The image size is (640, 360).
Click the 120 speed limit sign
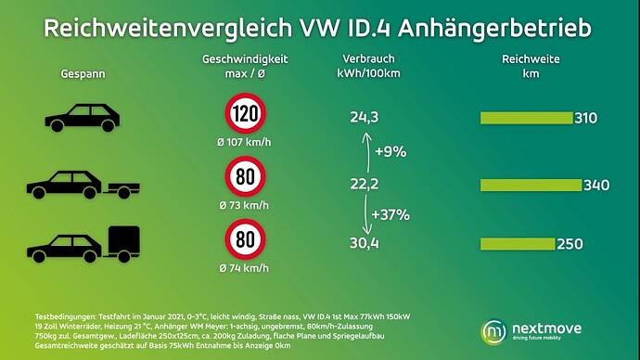(245, 113)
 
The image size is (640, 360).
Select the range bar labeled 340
(531, 185)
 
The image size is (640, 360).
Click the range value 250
(570, 244)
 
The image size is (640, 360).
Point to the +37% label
(390, 214)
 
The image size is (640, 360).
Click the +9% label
(390, 152)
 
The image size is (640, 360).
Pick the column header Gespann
(83, 74)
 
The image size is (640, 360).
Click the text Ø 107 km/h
(244, 142)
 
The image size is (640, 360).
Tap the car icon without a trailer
(82, 118)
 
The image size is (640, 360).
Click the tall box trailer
(122, 244)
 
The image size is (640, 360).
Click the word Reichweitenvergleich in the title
(168, 28)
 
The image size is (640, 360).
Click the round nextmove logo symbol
(493, 332)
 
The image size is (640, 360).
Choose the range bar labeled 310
(527, 118)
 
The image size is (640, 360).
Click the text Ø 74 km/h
(244, 268)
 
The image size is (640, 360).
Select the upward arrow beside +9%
(367, 153)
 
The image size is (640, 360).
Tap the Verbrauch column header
(368, 58)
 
